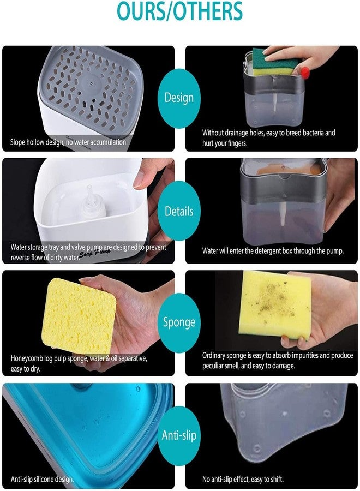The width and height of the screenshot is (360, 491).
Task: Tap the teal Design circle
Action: [x=179, y=98]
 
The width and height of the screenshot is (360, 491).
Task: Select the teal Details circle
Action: [x=179, y=211]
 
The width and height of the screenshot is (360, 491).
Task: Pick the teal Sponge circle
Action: [x=179, y=322]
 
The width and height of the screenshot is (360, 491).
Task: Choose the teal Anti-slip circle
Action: [x=179, y=435]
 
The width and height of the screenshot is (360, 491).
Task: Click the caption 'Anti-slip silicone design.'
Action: [x=42, y=480]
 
